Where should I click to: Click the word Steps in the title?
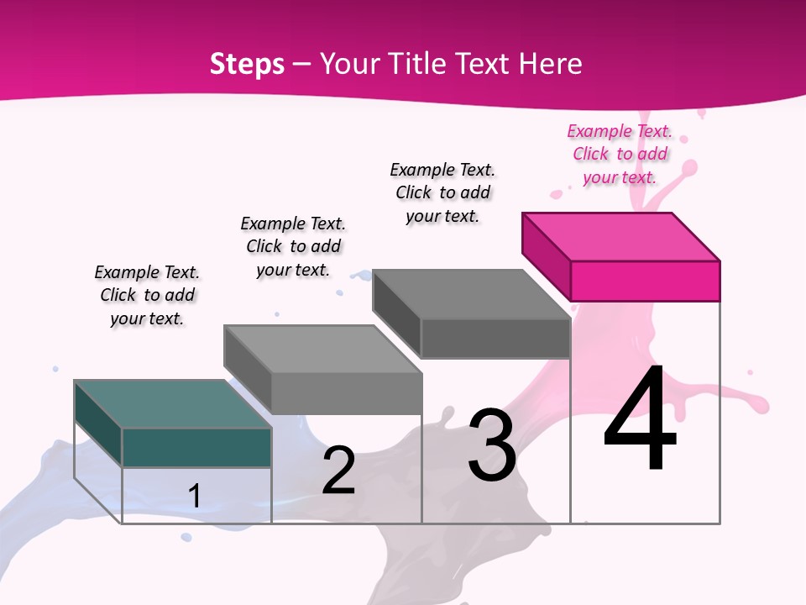coord(247,64)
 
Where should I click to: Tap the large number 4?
coord(640,419)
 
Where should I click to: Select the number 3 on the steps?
coord(491,445)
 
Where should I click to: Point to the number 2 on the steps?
coord(338,471)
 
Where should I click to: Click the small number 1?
coord(195,496)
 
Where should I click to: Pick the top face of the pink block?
coord(621,236)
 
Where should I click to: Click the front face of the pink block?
coord(645,281)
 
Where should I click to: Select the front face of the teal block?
coord(196,447)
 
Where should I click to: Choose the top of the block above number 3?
coord(471,294)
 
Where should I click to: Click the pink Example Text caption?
coord(620,154)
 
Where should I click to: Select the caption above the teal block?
coord(147,295)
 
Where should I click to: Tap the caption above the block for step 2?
coord(293,246)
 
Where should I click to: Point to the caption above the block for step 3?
coord(442,192)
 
